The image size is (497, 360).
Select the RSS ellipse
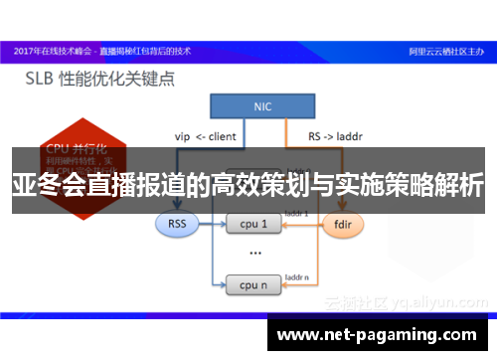pos(176,224)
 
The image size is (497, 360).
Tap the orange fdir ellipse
pos(339,224)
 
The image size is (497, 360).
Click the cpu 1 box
pos(253,224)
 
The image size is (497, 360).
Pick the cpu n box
pos(253,286)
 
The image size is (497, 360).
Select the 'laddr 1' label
pos(297,213)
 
